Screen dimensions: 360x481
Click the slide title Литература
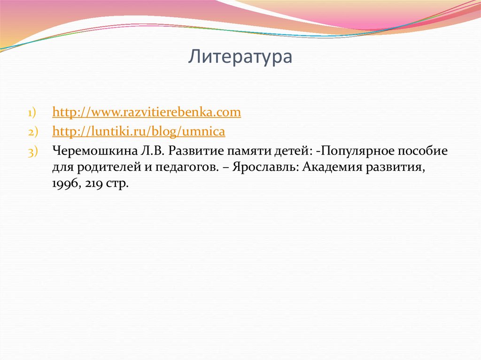click(x=241, y=57)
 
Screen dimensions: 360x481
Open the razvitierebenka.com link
click(x=147, y=112)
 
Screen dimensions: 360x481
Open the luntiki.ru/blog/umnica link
click(x=139, y=132)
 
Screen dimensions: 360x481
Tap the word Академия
click(x=334, y=168)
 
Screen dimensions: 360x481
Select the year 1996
click(x=65, y=184)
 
